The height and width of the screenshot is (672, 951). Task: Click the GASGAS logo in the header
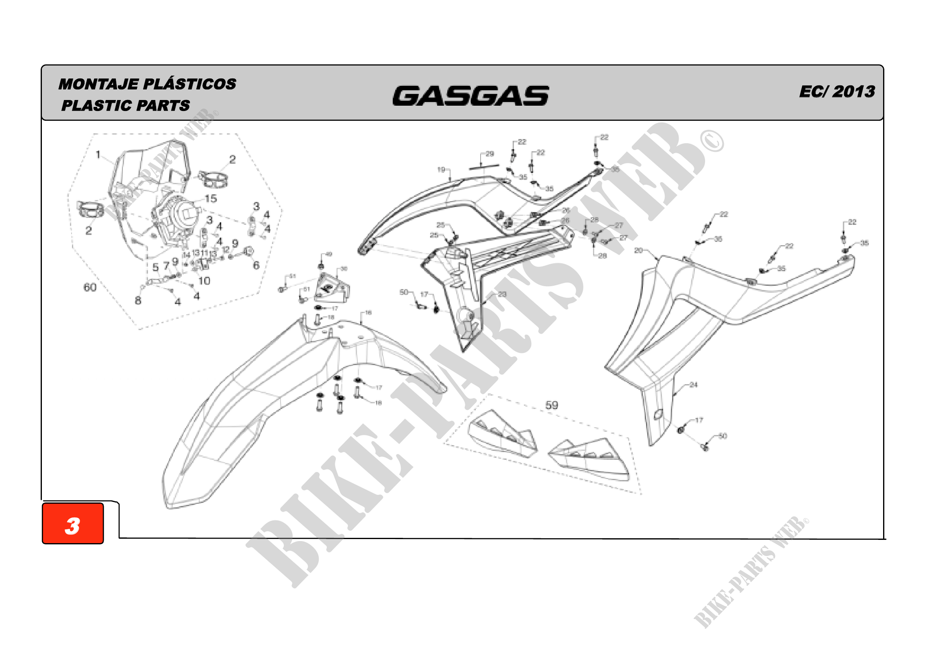470,96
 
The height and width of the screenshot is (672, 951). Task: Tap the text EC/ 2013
837,91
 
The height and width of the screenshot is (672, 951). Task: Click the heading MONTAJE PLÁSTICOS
147,84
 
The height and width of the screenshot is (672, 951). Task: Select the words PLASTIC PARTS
126,106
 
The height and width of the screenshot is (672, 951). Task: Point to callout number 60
90,287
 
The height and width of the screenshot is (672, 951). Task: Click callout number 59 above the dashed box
551,405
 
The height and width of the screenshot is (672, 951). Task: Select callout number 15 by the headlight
211,199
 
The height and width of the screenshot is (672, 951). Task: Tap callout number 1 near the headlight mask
98,155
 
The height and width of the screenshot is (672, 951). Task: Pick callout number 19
441,170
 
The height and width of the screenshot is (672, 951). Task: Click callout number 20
638,250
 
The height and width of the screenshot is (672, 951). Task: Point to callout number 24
694,385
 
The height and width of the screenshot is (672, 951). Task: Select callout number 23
502,294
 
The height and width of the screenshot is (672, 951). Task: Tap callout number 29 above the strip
490,154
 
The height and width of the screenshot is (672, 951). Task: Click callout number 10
204,281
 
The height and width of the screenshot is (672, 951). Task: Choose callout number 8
138,301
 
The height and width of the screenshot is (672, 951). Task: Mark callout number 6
256,265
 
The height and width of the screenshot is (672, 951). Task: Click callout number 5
155,267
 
